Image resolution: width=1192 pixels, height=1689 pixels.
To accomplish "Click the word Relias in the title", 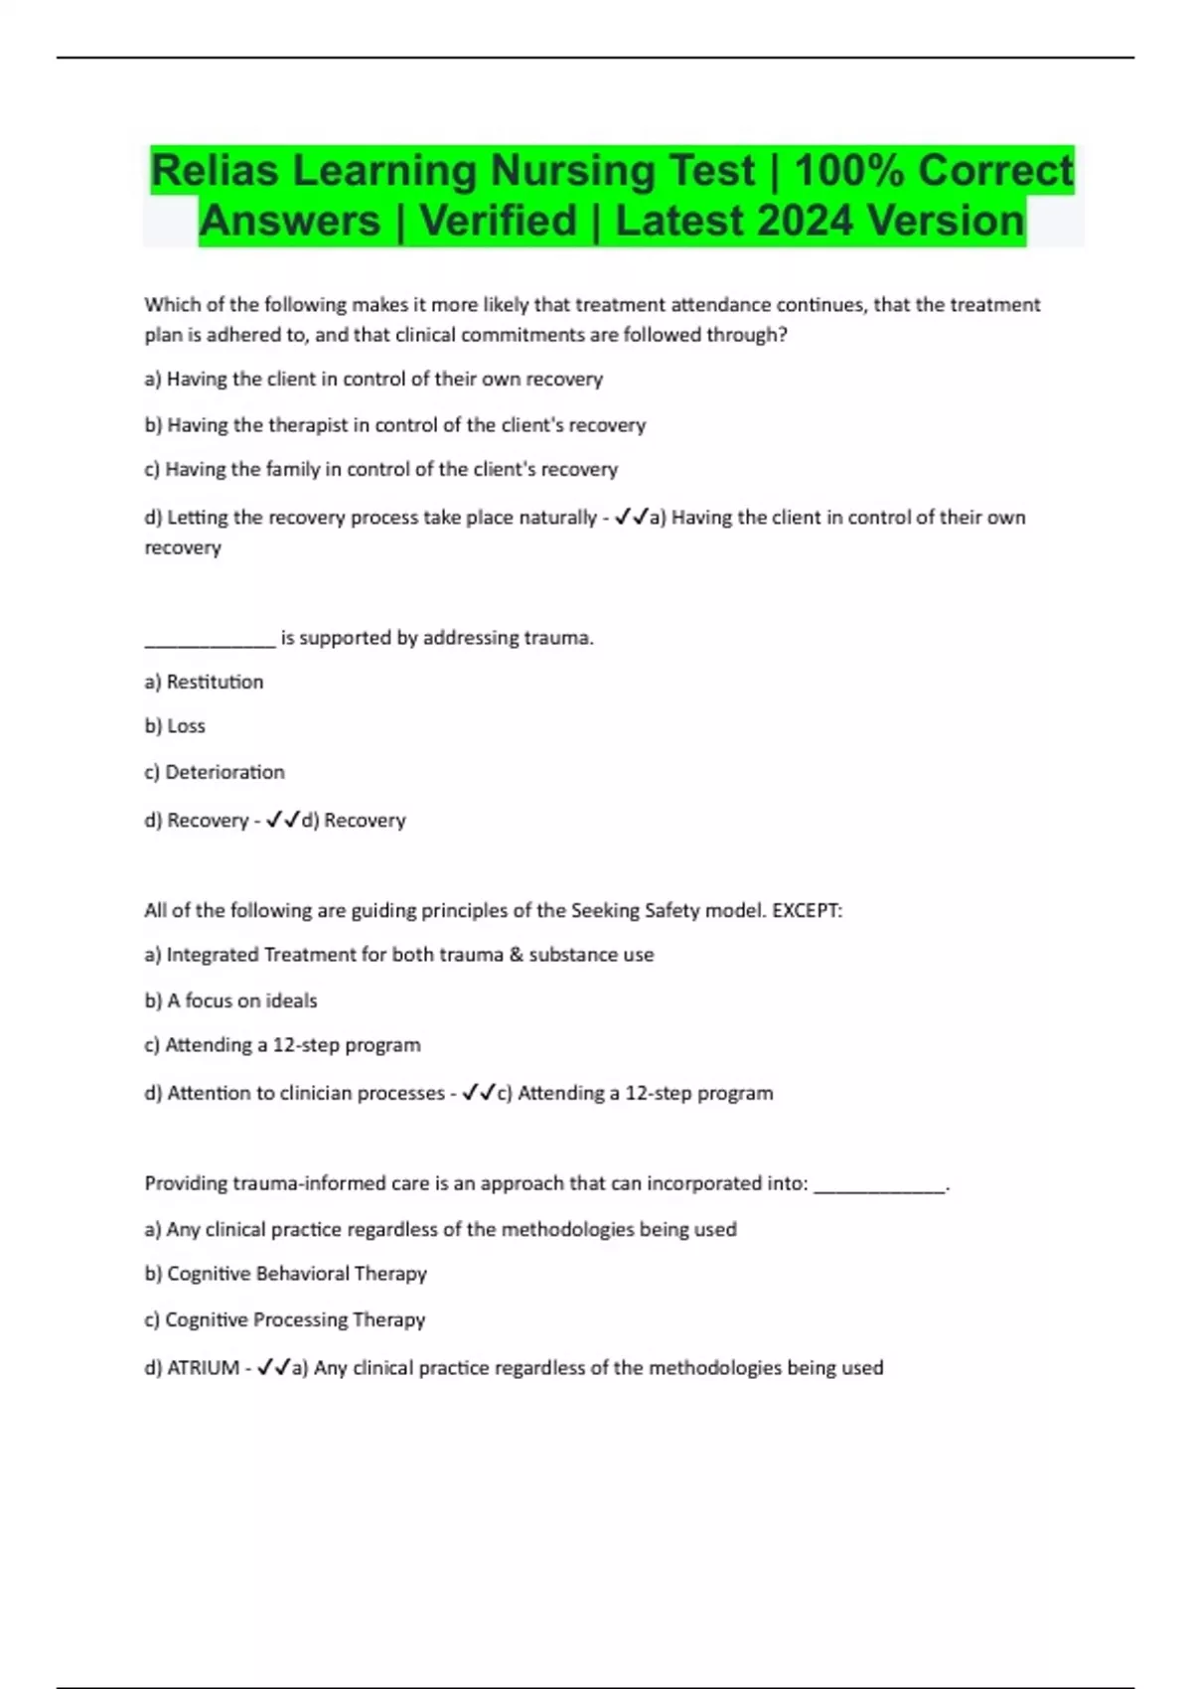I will click(x=215, y=170).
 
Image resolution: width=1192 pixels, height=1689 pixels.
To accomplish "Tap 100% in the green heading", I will click(x=848, y=170).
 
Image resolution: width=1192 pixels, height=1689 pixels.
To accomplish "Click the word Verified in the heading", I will click(x=498, y=221).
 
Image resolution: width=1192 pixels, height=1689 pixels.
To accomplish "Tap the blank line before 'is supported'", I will click(x=210, y=641).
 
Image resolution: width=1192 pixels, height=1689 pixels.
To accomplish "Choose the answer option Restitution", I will click(x=215, y=682).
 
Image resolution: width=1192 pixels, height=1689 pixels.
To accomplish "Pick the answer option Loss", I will click(x=186, y=726).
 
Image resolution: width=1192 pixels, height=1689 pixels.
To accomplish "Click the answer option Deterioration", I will click(x=224, y=772).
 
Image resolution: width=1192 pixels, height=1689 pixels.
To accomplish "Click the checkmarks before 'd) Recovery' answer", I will click(x=283, y=820).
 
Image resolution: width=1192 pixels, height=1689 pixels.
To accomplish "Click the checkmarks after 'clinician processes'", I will click(x=479, y=1093).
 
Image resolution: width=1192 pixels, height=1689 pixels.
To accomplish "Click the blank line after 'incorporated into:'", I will click(x=879, y=1186).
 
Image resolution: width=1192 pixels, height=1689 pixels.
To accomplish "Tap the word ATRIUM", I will click(x=203, y=1368).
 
